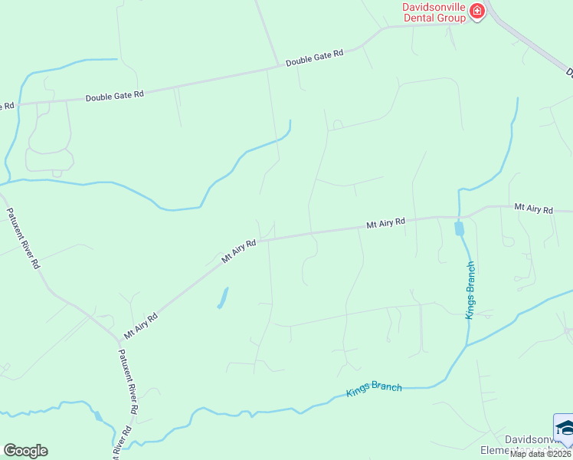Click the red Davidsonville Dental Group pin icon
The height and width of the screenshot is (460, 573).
point(477,11)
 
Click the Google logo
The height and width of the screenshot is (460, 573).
point(25,451)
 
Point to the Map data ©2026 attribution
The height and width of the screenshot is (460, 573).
point(541,454)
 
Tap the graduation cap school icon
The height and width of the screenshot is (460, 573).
point(564,427)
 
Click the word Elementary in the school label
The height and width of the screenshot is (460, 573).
point(506,450)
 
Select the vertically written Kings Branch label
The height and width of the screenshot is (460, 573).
point(471,290)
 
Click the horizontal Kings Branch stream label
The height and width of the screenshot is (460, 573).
point(374,389)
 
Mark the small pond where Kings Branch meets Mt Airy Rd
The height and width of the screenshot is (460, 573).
point(459,228)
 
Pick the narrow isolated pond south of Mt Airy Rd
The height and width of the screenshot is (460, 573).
point(223,297)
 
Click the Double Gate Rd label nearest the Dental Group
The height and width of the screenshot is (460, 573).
point(315,58)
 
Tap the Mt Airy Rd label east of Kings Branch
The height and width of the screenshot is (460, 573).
point(533,208)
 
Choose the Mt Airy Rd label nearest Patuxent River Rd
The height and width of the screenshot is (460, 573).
point(141,326)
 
